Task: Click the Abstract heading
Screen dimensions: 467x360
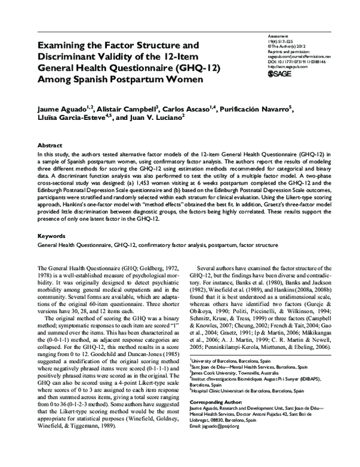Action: coord(50,146)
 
